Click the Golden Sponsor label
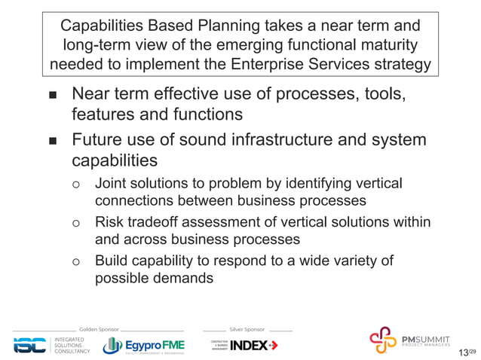click(99, 329)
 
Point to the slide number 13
click(463, 352)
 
